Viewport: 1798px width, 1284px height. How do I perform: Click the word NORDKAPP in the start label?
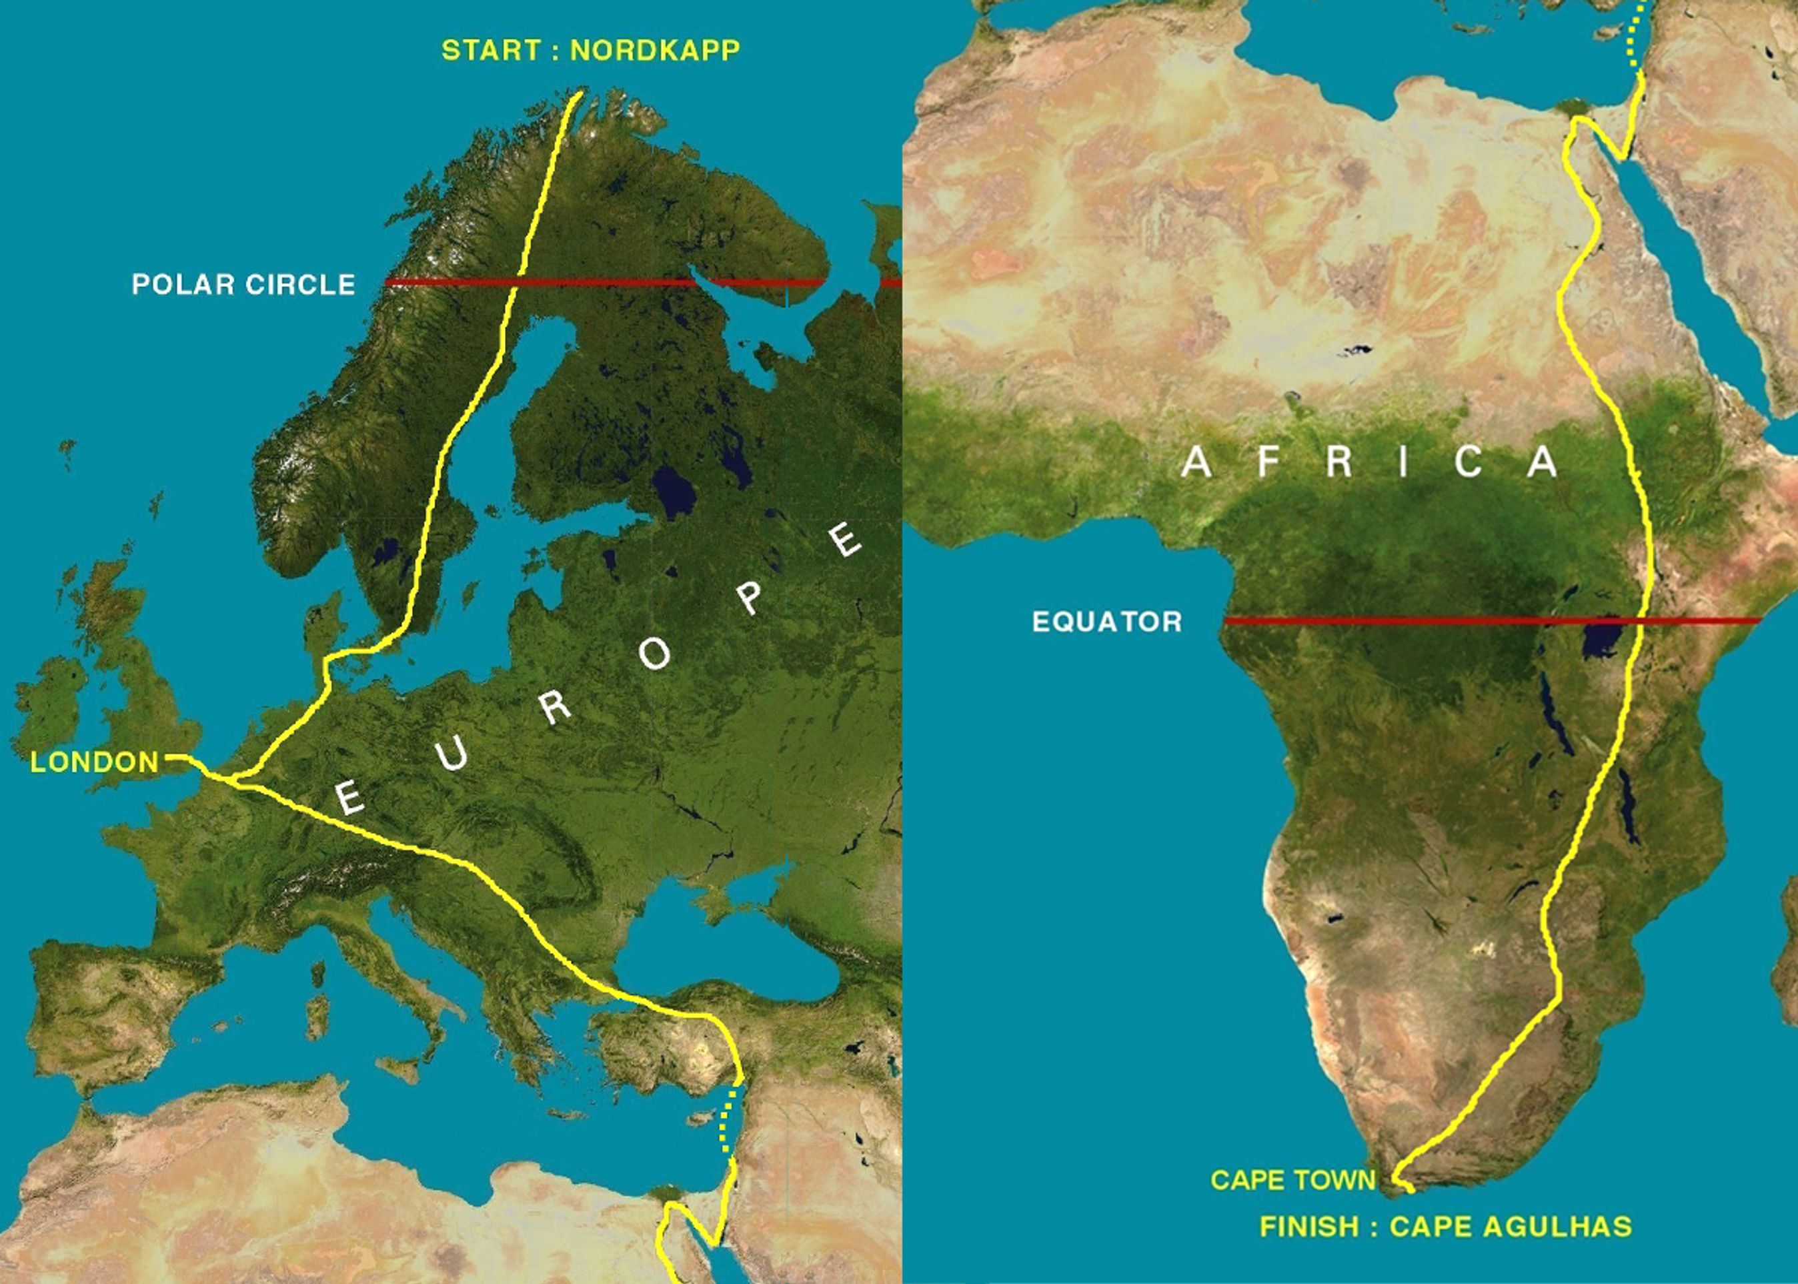655,51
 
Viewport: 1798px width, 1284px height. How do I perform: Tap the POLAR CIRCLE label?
243,285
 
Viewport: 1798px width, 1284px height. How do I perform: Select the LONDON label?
95,762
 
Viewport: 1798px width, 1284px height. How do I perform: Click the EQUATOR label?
1107,622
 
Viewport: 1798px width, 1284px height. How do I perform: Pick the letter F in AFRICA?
1268,462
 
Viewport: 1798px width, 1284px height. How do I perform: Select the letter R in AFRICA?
1338,462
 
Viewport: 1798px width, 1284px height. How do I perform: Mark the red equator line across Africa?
1423,620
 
